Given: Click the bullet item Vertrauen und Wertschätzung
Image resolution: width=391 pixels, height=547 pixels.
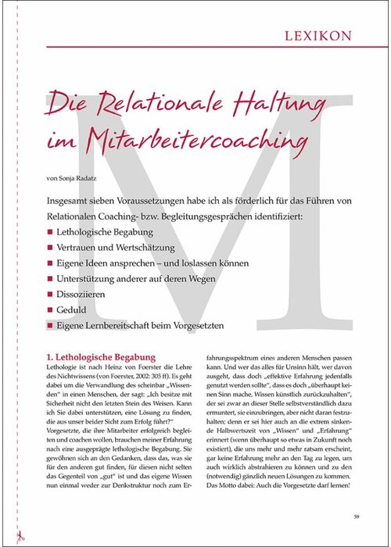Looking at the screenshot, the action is pos(114,248).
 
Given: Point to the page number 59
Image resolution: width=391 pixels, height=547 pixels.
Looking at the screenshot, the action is pos(356,517).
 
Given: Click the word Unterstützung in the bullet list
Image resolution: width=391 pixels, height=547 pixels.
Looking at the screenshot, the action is pos(90,278).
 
